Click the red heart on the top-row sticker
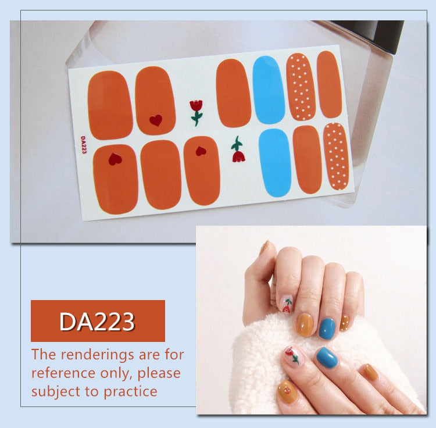pyautogui.click(x=156, y=120)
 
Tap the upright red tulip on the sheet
pyautogui.click(x=196, y=113)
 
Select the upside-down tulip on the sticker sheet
pyautogui.click(x=238, y=149)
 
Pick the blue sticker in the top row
pyautogui.click(x=269, y=90)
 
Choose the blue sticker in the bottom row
pyautogui.click(x=275, y=163)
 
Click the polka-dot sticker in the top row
pyautogui.click(x=301, y=87)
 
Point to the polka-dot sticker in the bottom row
pyautogui.click(x=336, y=156)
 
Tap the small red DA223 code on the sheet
pyautogui.click(x=83, y=145)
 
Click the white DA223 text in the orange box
pyautogui.click(x=97, y=322)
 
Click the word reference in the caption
pyautogui.click(x=64, y=373)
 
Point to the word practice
pyautogui.click(x=130, y=391)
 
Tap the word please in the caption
pyautogui.click(x=159, y=373)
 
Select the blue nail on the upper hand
pyautogui.click(x=327, y=329)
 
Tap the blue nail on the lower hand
pyautogui.click(x=327, y=358)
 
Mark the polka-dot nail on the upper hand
pyautogui.click(x=345, y=323)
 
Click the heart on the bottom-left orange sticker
pyautogui.click(x=115, y=159)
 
